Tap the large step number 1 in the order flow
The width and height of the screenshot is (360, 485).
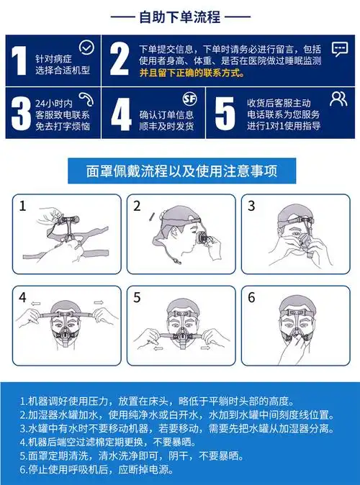click(17, 60)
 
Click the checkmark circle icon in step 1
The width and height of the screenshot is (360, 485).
click(86, 47)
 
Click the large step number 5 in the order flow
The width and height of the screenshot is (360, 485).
click(225, 112)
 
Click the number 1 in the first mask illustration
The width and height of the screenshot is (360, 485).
click(23, 207)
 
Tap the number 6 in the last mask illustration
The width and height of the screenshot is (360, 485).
click(251, 297)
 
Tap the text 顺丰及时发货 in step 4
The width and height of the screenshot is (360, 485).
click(166, 127)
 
